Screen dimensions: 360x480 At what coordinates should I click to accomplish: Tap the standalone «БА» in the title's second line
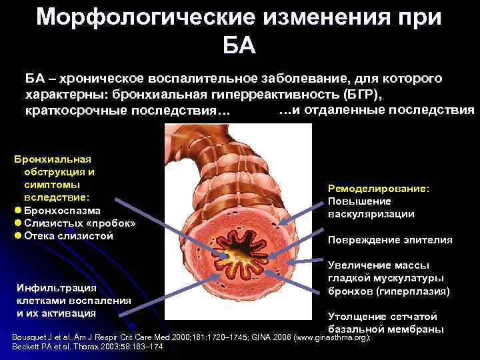[x=239, y=47]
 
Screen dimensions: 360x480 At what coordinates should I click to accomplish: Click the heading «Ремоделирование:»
[x=379, y=189]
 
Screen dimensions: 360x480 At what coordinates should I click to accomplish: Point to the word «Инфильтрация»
[x=57, y=287]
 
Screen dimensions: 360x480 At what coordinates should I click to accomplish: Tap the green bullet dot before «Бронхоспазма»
[x=17, y=211]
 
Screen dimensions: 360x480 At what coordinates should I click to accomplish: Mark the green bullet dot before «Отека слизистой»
[x=17, y=236]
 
